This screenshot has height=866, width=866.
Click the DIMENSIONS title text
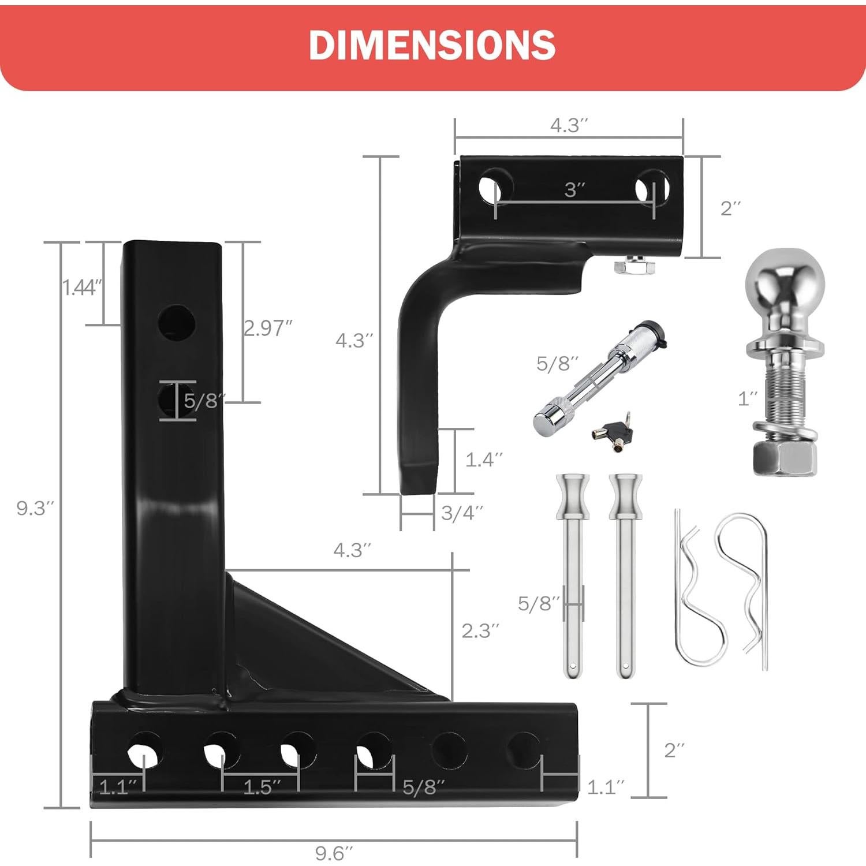coord(432,44)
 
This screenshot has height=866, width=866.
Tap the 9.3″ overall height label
coord(35,509)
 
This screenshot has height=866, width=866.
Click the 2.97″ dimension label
coord(267,328)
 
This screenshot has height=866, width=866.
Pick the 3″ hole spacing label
coord(574,189)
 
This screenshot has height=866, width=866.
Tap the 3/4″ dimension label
coord(461,513)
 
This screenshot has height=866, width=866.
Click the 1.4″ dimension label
coord(484,460)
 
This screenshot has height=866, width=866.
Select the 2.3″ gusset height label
coord(480,630)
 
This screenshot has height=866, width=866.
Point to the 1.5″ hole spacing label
coord(261,787)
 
